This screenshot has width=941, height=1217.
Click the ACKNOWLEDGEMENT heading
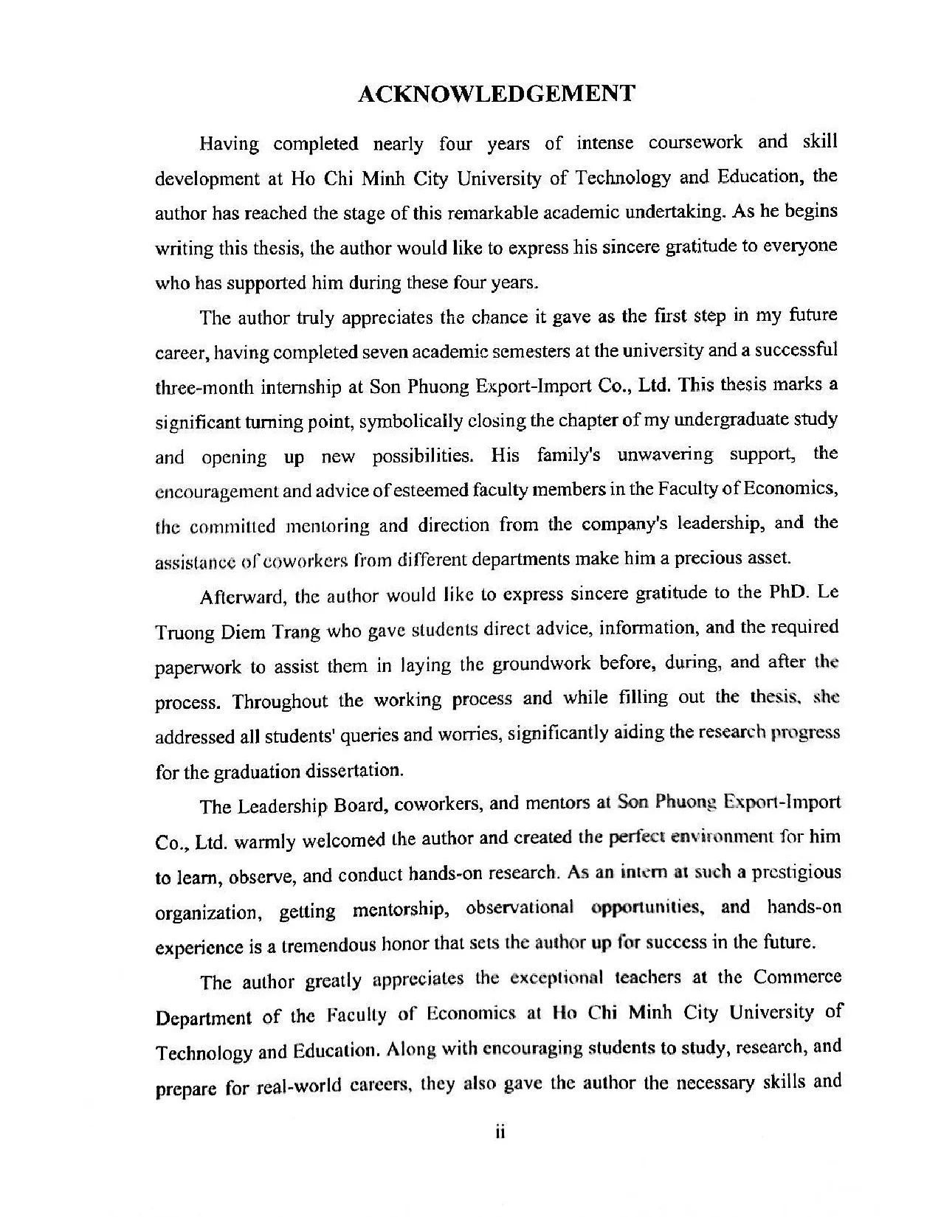tap(496, 94)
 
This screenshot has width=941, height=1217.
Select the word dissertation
tap(359, 771)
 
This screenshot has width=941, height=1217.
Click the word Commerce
tap(797, 977)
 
